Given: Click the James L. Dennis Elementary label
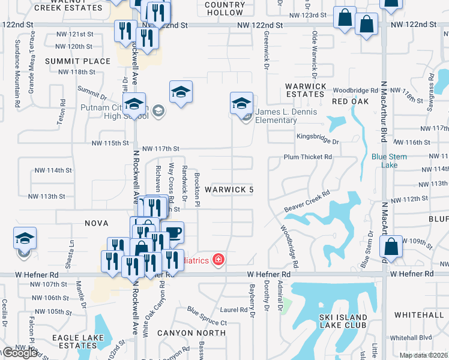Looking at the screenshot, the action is click(276, 116).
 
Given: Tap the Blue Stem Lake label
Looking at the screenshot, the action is click(388, 161).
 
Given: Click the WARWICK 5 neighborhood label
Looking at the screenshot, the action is click(229, 190).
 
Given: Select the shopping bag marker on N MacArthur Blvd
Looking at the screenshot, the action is click(391, 246).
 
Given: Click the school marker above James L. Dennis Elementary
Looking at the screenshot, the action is click(241, 103).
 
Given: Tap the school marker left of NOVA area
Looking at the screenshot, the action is click(24, 238).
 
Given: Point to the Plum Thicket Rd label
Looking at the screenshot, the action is click(308, 157).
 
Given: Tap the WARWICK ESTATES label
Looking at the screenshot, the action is click(306, 90).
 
